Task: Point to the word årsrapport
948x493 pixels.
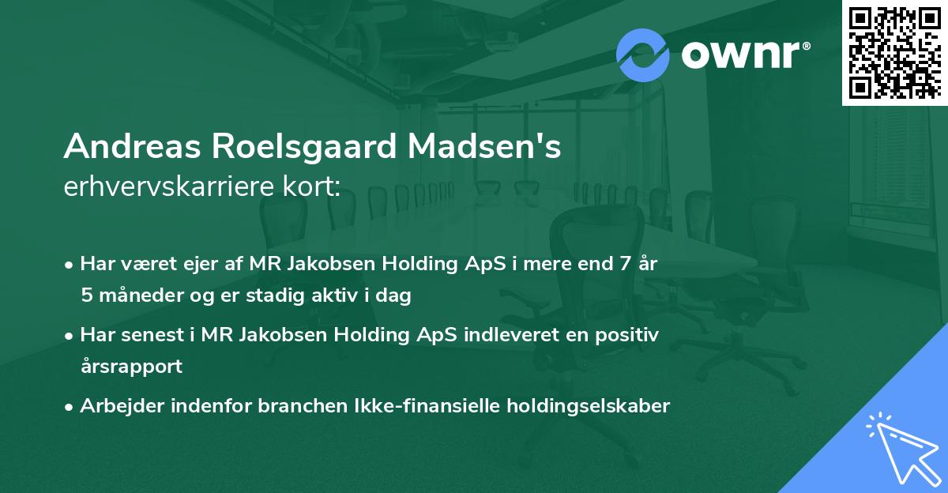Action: (x=131, y=366)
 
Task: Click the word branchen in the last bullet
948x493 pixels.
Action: (x=255, y=406)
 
